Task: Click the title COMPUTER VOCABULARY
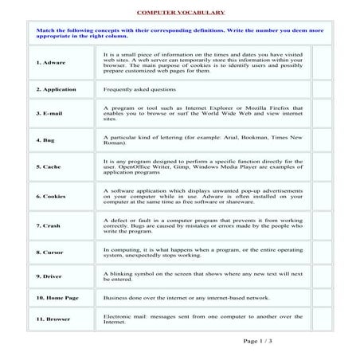pyautogui.click(x=180, y=14)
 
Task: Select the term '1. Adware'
pyautogui.click(x=51, y=62)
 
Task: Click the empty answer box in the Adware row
pyautogui.click(x=322, y=62)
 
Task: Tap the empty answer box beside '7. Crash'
pyautogui.click(x=322, y=225)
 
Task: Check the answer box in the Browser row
pyautogui.click(x=322, y=318)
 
